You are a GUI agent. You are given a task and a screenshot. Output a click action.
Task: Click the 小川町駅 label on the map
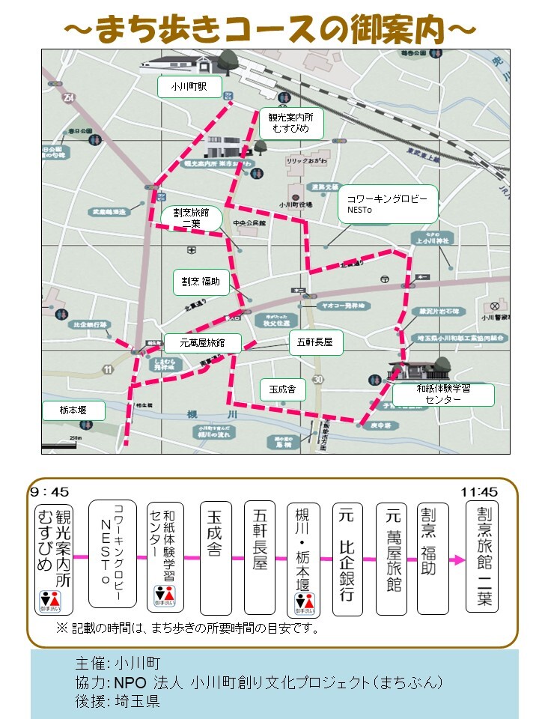coord(190,88)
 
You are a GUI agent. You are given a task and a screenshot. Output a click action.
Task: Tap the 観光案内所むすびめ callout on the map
coord(290,123)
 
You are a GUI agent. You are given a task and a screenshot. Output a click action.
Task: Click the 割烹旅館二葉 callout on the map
coord(191,218)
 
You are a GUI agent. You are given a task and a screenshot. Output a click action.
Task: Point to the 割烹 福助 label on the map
coord(201,282)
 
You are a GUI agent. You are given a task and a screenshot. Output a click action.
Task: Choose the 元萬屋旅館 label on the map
coord(202,344)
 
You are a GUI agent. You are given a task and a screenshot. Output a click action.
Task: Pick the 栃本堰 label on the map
coord(73,410)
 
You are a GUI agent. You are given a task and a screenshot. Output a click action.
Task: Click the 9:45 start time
coord(49,492)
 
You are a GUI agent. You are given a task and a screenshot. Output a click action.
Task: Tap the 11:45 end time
coord(479,492)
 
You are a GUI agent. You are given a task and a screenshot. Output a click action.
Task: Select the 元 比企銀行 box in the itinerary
coord(347,558)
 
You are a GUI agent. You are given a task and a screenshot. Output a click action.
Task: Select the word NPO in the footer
coord(132,682)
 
